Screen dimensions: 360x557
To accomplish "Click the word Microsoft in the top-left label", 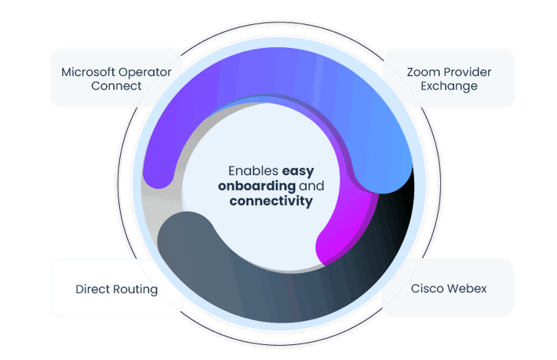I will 89,72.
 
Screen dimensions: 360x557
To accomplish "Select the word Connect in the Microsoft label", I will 116,85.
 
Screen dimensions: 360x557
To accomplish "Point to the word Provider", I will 467,72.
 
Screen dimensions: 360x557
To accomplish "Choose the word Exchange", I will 449,85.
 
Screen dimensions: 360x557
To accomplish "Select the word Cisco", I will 428,289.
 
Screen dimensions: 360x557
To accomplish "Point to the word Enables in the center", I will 253,170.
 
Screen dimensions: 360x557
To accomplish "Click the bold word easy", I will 298,170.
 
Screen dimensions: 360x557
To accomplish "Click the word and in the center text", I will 312,186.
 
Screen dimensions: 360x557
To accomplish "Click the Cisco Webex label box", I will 447,287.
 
